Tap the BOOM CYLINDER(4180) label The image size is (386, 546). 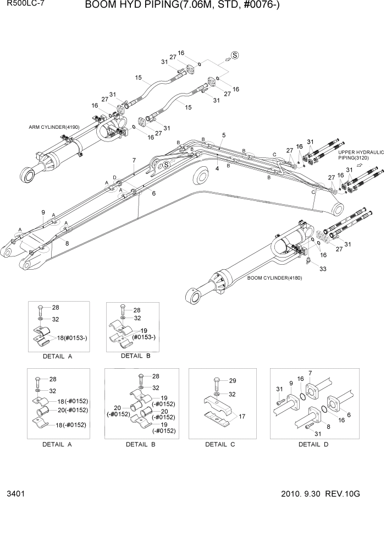point(275,277)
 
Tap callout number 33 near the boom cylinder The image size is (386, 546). point(323,269)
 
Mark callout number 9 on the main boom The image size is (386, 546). point(43,212)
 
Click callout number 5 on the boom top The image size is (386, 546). point(224,135)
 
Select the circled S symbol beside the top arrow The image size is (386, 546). point(235,55)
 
